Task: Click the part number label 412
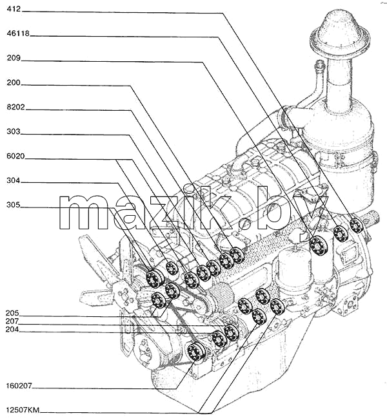(x=14, y=9)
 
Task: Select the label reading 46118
(x=18, y=33)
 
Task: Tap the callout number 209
(x=14, y=58)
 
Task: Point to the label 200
(x=14, y=82)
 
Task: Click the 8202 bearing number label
(x=16, y=107)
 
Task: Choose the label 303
(x=14, y=131)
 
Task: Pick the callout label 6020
(x=16, y=157)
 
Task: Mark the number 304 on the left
(x=14, y=181)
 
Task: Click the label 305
(x=14, y=205)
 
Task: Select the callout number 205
(x=12, y=313)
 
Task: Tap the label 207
(x=12, y=321)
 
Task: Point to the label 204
(x=12, y=330)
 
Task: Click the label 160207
(x=19, y=386)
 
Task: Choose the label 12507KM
(x=23, y=410)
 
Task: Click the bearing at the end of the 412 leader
(x=356, y=225)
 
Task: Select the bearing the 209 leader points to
(x=319, y=246)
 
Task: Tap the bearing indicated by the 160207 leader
(x=197, y=352)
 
